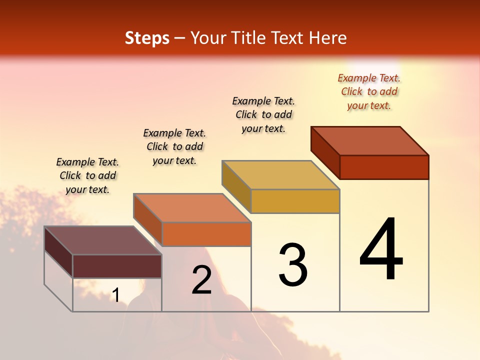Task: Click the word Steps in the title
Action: (147, 38)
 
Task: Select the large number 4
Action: (381, 249)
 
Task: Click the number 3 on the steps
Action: (293, 265)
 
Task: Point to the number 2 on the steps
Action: (202, 280)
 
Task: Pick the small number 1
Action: (116, 295)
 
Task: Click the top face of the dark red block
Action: (370, 141)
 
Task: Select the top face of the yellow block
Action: (281, 175)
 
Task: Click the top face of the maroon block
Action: (103, 240)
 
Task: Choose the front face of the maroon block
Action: (117, 266)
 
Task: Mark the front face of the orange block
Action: (206, 234)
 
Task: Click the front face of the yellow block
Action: (295, 201)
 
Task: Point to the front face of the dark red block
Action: (384, 167)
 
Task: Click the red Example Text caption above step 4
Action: (369, 91)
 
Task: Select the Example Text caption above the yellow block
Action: (263, 114)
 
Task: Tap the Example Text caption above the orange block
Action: (174, 146)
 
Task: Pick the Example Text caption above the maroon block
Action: (87, 175)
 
